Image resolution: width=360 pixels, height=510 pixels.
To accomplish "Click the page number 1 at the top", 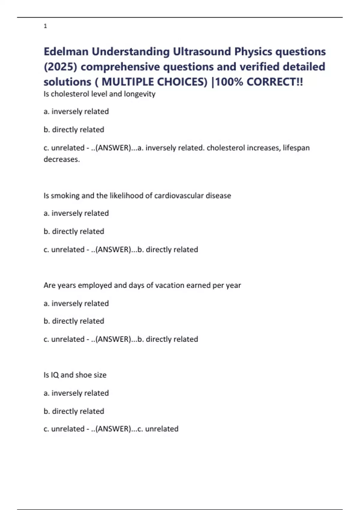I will click(45, 26).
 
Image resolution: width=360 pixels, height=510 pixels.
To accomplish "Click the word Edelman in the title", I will click(66, 52).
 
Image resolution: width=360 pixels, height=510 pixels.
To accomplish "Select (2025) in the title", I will click(60, 67).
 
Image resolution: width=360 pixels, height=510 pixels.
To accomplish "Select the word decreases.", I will click(61, 159).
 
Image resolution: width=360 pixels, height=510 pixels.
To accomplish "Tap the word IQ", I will click(55, 375).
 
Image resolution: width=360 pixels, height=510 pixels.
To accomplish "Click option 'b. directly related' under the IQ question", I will click(74, 411).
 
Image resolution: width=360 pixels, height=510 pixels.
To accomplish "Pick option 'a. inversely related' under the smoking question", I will click(76, 213).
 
